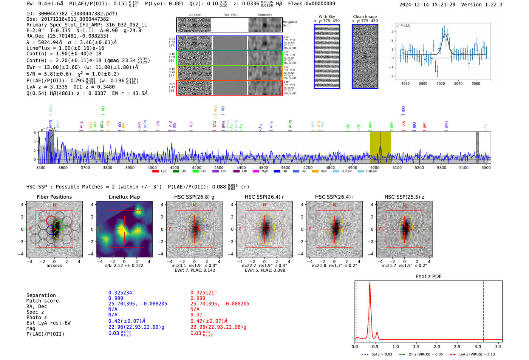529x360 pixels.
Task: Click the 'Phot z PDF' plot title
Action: (428, 277)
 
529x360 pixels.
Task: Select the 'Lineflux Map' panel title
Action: (124, 197)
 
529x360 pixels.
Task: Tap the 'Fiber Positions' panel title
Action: (54, 197)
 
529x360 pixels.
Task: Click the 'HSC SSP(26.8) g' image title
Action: (194, 197)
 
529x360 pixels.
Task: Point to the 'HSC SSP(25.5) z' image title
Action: (404, 197)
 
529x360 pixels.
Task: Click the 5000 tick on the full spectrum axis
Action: (374, 168)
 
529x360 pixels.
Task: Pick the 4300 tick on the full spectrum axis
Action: (219, 168)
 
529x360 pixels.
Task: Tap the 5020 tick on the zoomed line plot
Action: (441, 83)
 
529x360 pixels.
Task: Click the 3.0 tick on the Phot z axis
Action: (478, 346)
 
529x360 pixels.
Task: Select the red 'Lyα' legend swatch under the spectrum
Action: (155, 172)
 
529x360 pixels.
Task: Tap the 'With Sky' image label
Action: (327, 17)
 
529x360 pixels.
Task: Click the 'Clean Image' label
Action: (365, 17)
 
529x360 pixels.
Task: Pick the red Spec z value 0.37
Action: (196, 315)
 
